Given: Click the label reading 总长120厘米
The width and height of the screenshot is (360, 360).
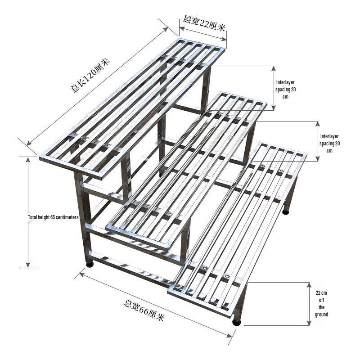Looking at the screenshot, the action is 90,75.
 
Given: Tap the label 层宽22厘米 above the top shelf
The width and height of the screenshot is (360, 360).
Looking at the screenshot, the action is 204,24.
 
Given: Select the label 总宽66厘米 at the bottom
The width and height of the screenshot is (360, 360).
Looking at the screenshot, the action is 144,310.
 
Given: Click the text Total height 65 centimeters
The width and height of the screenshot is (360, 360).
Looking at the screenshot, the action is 53,217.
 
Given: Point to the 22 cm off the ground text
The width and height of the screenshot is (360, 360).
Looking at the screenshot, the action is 321,303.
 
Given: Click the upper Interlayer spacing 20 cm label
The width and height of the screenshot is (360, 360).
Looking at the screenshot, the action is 285,89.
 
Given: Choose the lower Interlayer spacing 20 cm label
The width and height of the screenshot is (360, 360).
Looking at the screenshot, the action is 329,144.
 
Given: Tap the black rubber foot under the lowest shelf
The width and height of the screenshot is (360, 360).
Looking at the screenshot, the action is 237,322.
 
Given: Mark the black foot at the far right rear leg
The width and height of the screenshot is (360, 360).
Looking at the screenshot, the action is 286,211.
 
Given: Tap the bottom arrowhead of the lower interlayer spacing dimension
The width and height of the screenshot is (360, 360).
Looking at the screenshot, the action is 318,157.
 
